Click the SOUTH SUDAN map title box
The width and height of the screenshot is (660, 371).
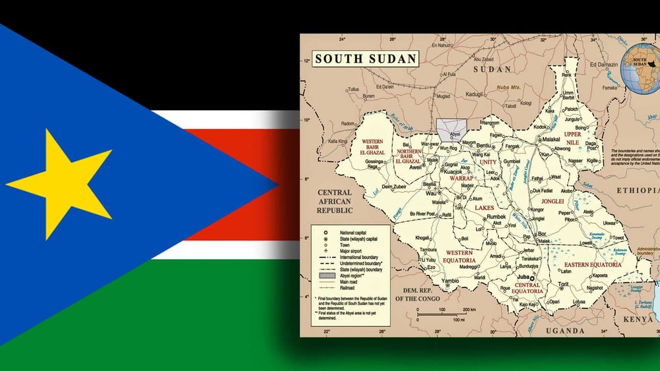click(366, 58)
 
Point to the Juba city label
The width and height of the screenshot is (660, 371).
click(525, 277)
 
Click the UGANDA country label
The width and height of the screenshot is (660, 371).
click(562, 331)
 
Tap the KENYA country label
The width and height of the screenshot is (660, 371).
click(638, 320)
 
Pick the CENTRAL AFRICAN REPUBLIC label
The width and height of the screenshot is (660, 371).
click(335, 202)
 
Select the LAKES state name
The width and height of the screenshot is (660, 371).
click(484, 208)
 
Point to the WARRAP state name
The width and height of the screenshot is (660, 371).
click(462, 178)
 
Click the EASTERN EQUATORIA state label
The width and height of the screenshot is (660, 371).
click(593, 264)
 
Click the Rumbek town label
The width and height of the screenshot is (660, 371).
click(496, 216)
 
